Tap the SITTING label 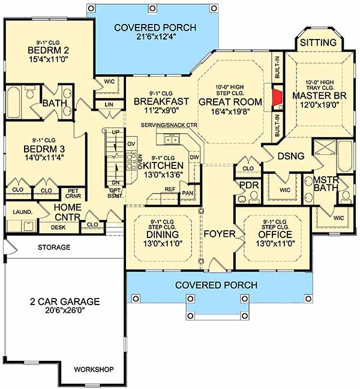[x=318, y=43]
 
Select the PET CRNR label [x=73, y=194]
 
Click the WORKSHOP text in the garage [x=94, y=369]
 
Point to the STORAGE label [x=54, y=247]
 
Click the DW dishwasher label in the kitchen [x=194, y=157]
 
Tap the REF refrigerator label [x=170, y=189]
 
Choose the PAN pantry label [x=187, y=193]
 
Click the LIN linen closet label [x=109, y=104]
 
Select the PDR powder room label [x=249, y=185]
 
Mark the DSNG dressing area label [x=291, y=156]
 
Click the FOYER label [x=220, y=234]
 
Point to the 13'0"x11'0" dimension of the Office [x=275, y=243]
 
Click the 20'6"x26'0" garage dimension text [x=65, y=310]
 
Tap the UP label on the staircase [x=115, y=132]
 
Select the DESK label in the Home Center [x=58, y=227]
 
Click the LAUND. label [x=23, y=212]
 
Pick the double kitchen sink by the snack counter [x=172, y=140]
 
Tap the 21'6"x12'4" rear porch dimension [x=156, y=37]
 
